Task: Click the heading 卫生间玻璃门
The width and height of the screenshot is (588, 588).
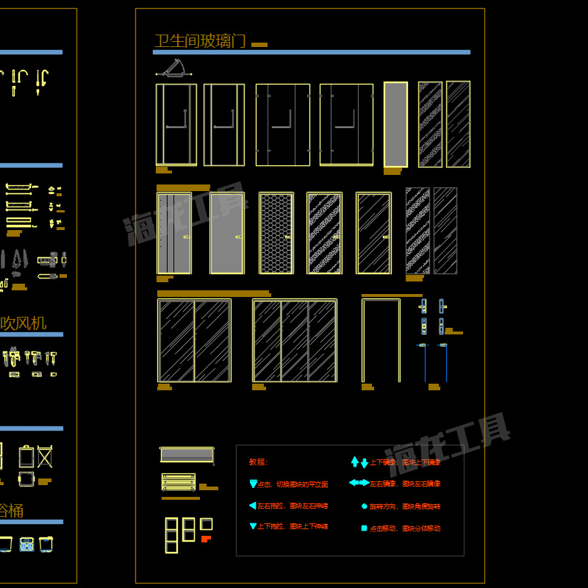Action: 200,41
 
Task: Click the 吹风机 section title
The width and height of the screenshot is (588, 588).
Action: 24,323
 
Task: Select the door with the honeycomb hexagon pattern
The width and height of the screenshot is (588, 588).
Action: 276,233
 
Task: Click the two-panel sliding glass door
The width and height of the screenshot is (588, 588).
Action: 194,340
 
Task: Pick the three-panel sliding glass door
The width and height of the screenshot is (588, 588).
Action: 294,340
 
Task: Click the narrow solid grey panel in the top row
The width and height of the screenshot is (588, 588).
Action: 395,124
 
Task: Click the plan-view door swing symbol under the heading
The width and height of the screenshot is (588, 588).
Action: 173,69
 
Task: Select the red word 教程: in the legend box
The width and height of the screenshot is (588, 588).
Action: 259,462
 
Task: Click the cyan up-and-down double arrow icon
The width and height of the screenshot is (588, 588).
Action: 359,462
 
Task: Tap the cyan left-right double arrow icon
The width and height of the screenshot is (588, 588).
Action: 359,483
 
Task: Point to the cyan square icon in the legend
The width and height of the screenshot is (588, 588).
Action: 364,528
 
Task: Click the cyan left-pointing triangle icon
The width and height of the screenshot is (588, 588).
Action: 253,506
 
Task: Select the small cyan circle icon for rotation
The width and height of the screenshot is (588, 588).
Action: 364,506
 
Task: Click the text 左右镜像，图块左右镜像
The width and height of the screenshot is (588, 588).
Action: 405,484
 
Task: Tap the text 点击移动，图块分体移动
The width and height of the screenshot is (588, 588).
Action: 405,528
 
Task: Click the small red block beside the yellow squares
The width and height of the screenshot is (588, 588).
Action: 207,539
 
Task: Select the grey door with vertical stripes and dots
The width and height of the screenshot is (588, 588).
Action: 174,233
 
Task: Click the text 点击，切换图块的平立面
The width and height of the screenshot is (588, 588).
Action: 293,485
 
